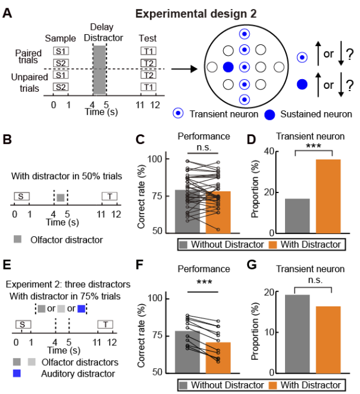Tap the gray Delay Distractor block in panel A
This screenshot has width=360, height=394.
101,70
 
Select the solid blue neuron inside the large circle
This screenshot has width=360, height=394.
229,66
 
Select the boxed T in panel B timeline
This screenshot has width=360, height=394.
110,196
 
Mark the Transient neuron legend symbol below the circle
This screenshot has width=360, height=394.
179,113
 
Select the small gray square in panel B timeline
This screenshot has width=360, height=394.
60,197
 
